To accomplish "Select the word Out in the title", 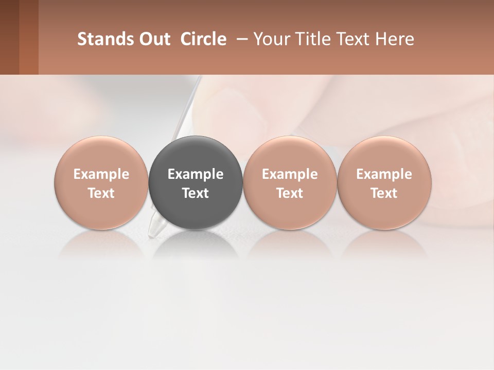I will (154, 39).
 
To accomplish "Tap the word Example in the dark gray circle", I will (196, 174).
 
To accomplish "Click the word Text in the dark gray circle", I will (196, 193).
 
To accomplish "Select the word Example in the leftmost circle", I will (101, 174).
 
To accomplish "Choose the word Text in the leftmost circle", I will (101, 193).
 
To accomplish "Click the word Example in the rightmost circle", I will (384, 174).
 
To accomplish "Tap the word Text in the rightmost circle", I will (384, 193).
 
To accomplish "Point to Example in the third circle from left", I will (290, 174).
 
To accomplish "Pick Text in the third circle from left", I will (290, 193).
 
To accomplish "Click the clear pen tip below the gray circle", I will (155, 227).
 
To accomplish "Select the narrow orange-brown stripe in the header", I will (29, 37).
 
